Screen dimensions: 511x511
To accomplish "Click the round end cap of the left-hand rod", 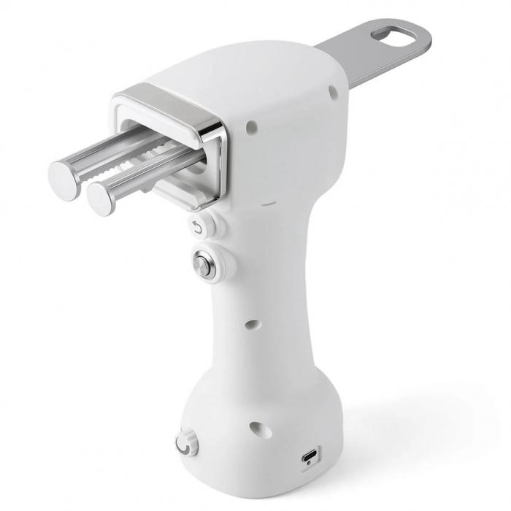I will [65, 176].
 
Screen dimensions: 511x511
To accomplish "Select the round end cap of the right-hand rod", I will [102, 196].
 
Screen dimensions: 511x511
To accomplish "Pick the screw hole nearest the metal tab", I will [332, 92].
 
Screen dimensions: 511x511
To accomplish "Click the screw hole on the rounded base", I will [259, 429].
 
